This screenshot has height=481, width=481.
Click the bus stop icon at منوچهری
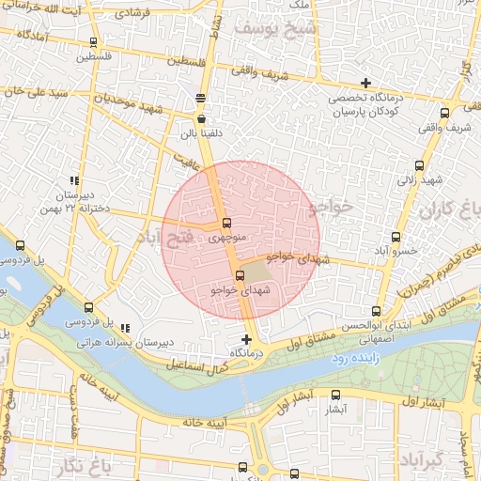pyautogui.click(x=226, y=223)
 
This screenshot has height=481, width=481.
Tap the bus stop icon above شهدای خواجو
pyautogui.click(x=240, y=275)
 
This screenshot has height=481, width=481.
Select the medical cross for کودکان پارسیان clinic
pyautogui.click(x=366, y=84)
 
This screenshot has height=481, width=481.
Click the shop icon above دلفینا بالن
pyautogui.click(x=202, y=119)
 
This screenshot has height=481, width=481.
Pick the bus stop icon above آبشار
pyautogui.click(x=336, y=396)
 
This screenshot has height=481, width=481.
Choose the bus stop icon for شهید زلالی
pyautogui.click(x=418, y=165)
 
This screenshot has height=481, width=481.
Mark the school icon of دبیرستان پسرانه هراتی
pyautogui.click(x=126, y=328)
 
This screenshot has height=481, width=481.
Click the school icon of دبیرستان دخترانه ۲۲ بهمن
pyautogui.click(x=73, y=180)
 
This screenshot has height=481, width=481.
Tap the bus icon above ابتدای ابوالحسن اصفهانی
pyautogui.click(x=377, y=312)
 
